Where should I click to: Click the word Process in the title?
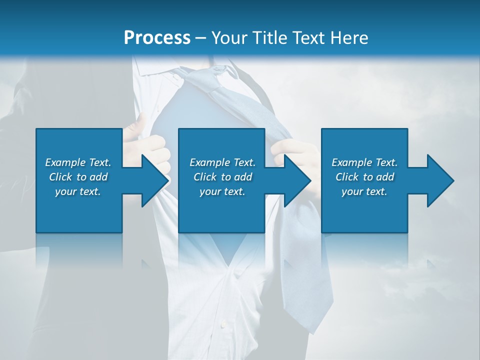coord(157,37)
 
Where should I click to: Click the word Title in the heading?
coord(269,37)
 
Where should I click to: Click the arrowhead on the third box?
coord(440,180)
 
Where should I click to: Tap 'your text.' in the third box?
coord(364,191)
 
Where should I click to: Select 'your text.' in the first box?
coord(78,191)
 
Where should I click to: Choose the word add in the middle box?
coord(243,177)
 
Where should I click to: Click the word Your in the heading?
coord(229,37)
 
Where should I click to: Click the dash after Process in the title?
coord(201,38)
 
